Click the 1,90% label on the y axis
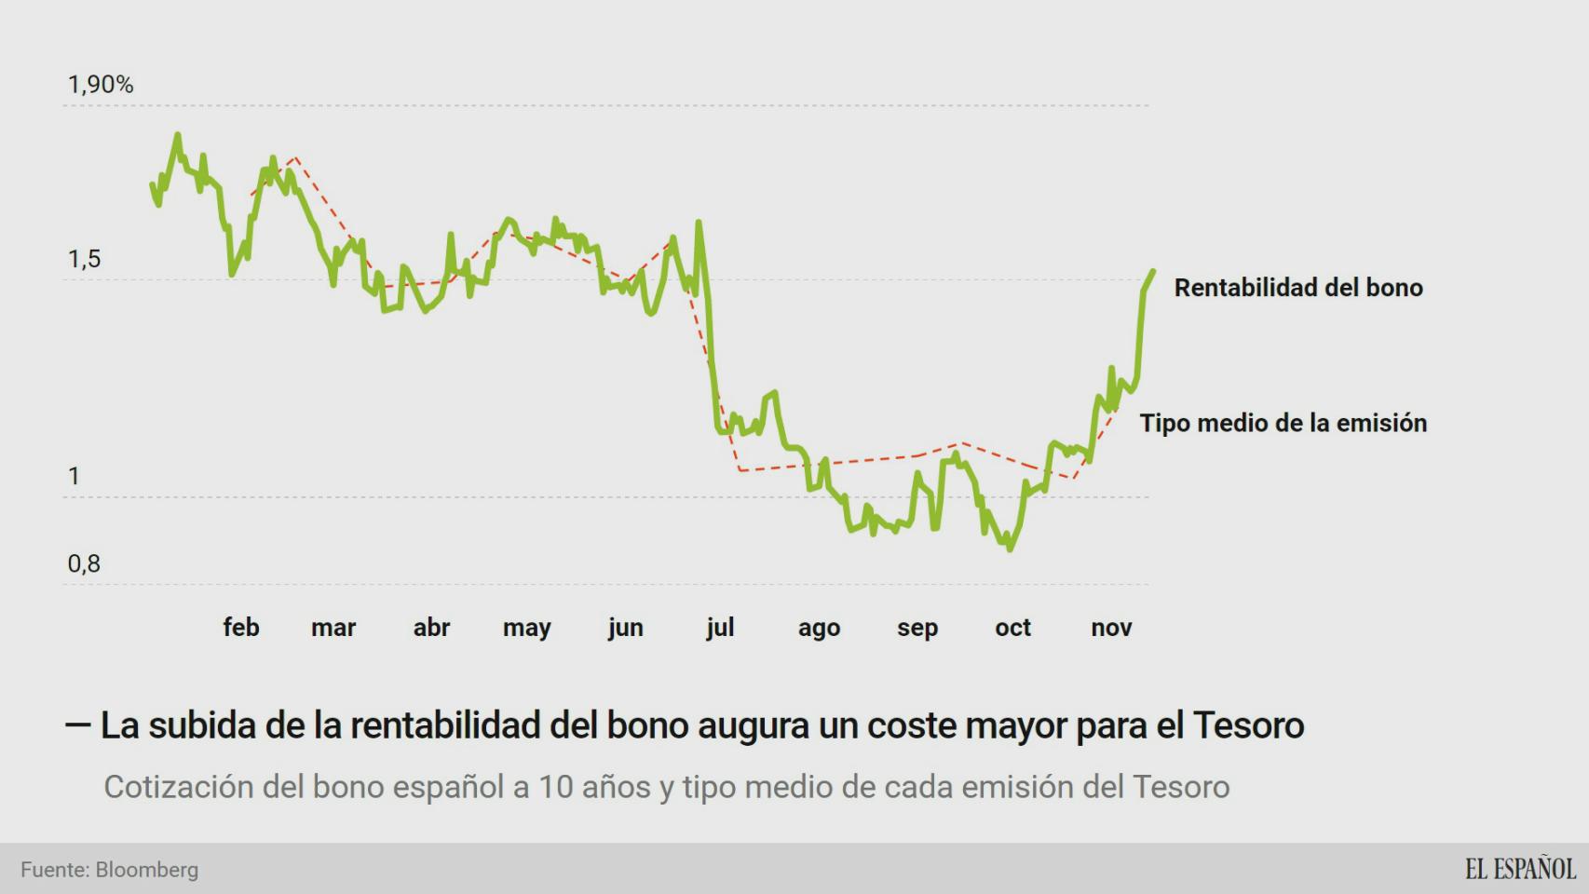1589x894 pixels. pyautogui.click(x=101, y=85)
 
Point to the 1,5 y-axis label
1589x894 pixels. pyautogui.click(x=84, y=259)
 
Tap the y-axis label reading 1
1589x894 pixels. pyautogui.click(x=75, y=477)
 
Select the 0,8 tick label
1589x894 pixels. pyautogui.click(x=84, y=563)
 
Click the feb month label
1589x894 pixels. pyautogui.click(x=240, y=628)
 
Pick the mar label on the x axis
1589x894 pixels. pyautogui.click(x=333, y=628)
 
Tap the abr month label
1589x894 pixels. pyautogui.click(x=431, y=628)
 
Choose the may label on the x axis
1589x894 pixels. pyautogui.click(x=527, y=629)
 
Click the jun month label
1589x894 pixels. pyautogui.click(x=625, y=629)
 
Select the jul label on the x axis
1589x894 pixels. pyautogui.click(x=720, y=628)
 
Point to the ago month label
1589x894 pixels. pyautogui.click(x=819, y=629)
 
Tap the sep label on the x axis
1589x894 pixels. pyautogui.click(x=917, y=629)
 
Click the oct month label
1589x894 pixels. pyautogui.click(x=1012, y=628)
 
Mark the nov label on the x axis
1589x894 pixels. pyautogui.click(x=1111, y=628)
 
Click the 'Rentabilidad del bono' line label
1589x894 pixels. pyautogui.click(x=1298, y=288)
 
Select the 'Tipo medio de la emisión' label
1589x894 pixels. pyautogui.click(x=1283, y=423)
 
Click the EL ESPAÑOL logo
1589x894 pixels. pyautogui.click(x=1519, y=869)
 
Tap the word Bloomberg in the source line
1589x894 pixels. pyautogui.click(x=147, y=870)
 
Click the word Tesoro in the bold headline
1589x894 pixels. pyautogui.click(x=1248, y=725)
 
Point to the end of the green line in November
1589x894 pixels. pyautogui.click(x=1153, y=272)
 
